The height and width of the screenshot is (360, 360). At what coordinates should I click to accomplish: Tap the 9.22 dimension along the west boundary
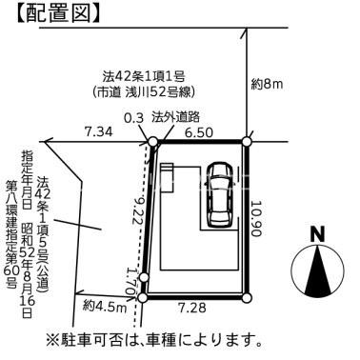point(140,210)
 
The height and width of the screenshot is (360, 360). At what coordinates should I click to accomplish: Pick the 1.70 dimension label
point(131,282)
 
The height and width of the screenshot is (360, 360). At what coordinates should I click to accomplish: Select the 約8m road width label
point(268,85)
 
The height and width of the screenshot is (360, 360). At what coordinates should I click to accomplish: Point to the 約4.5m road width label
point(105,307)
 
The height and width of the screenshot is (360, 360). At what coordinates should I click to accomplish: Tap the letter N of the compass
point(317,234)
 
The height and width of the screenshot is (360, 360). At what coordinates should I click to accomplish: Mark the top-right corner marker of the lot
point(247,142)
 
